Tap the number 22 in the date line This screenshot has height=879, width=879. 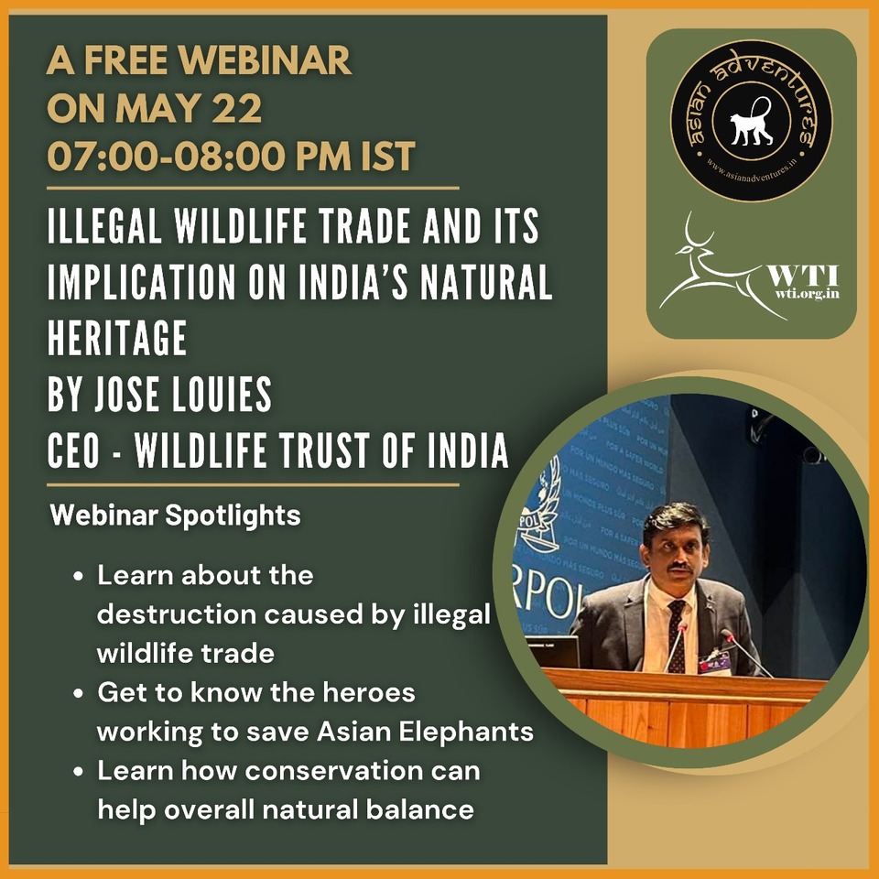(238, 109)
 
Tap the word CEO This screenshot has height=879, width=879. (78, 451)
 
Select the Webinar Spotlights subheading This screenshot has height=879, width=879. (175, 515)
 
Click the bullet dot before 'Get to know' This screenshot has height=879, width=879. (79, 693)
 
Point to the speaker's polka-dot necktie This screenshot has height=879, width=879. (676, 632)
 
